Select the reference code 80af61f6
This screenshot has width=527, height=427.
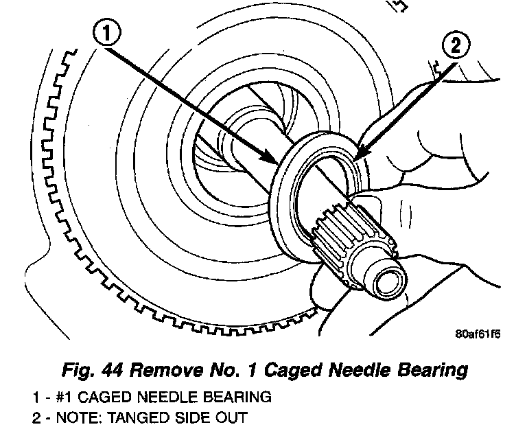pos(478,336)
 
